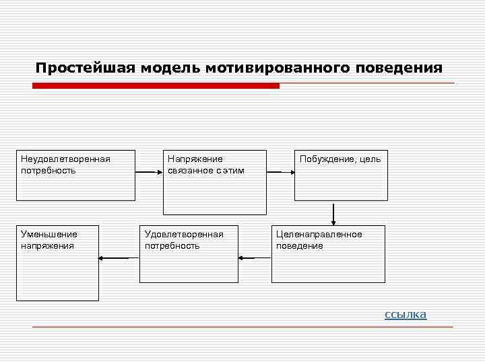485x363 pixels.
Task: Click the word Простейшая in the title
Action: (85, 69)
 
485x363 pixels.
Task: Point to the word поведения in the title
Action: (402, 69)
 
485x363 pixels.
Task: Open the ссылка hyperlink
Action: (406, 314)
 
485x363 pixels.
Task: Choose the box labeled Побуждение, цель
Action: (341, 175)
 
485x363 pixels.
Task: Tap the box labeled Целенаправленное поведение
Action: (328, 254)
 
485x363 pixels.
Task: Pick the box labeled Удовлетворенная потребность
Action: (189, 254)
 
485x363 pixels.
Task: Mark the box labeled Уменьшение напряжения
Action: (58, 263)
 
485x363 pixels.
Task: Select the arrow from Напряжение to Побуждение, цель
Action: (280, 172)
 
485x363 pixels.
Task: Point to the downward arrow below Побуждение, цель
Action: (333, 213)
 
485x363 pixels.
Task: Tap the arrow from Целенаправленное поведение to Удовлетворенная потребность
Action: (255, 257)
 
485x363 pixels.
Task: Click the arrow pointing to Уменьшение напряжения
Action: (113, 257)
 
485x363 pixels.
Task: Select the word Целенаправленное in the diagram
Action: (319, 234)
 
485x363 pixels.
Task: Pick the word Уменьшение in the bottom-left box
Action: (49, 234)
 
